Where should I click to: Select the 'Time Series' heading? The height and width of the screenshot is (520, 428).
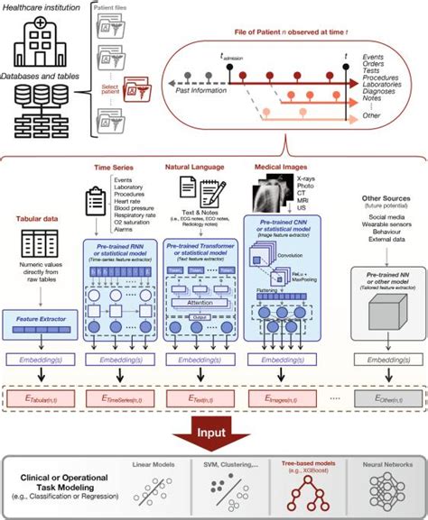click(116, 168)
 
